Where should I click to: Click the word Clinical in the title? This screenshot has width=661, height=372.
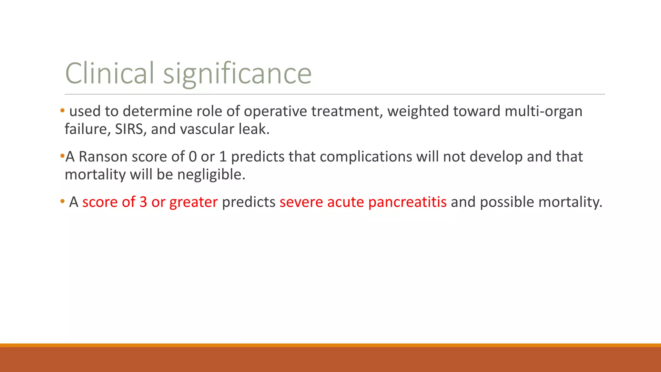pyautogui.click(x=110, y=73)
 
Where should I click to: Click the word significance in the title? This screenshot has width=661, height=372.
pyautogui.click(x=237, y=73)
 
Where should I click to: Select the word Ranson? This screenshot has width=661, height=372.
pyautogui.click(x=103, y=157)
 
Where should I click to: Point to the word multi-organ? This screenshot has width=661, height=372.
pyautogui.click(x=544, y=111)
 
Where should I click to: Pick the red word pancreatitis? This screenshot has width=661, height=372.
pyautogui.click(x=407, y=202)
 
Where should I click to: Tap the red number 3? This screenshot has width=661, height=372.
pyautogui.click(x=143, y=202)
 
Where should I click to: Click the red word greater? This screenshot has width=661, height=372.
pyautogui.click(x=193, y=202)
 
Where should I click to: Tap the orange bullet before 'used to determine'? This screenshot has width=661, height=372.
pyautogui.click(x=62, y=111)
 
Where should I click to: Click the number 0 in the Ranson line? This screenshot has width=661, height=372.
pyautogui.click(x=193, y=157)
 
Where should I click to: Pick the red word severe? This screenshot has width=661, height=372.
pyautogui.click(x=301, y=202)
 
